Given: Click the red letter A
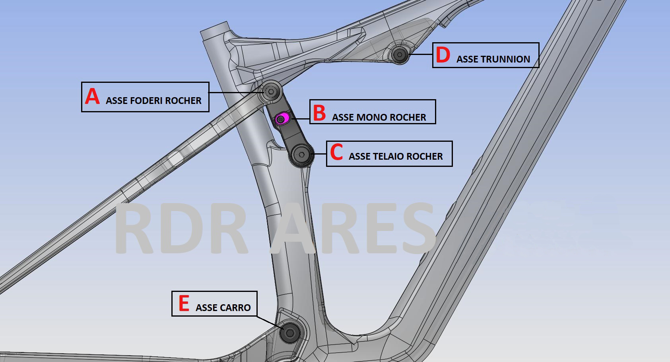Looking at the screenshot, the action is (92, 96).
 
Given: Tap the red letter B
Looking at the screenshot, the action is (319, 113).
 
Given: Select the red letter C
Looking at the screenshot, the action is (336, 152).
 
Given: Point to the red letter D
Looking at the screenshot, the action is (443, 55).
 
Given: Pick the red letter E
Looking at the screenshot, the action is (184, 303).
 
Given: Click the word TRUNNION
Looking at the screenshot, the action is (505, 59).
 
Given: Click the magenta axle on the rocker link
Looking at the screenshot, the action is (282, 118).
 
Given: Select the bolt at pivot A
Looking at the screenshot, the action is (271, 92).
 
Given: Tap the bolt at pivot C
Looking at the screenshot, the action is (301, 155).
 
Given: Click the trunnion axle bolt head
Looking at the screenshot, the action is (400, 55).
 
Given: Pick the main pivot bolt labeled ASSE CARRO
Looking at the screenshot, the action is (290, 333).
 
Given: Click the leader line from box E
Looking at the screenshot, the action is (270, 323).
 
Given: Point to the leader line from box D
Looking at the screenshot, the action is (421, 54).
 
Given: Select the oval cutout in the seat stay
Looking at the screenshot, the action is (176, 158).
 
